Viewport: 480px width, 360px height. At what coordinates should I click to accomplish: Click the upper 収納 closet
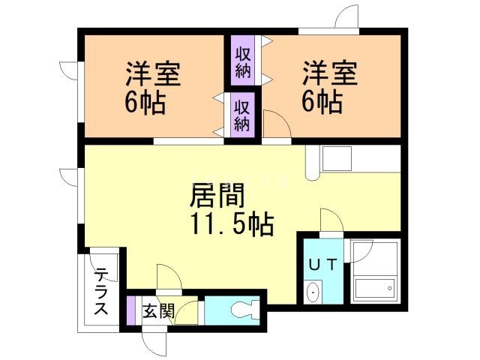[x=243, y=63]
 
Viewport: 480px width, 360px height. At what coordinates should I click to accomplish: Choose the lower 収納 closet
[x=241, y=115]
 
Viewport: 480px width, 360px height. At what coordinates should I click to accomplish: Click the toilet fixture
[x=244, y=308]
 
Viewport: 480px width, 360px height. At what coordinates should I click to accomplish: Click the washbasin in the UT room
[x=313, y=291]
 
